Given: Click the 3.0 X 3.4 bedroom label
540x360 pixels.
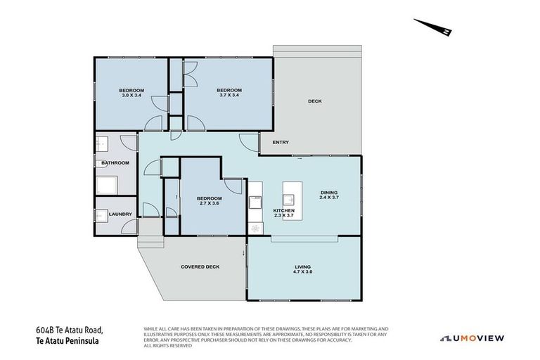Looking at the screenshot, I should coord(131,93).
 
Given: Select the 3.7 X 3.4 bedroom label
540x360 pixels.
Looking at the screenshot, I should coord(229,93).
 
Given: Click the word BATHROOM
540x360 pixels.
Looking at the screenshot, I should coord(115,163).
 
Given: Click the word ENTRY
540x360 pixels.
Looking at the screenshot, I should coord(281,143).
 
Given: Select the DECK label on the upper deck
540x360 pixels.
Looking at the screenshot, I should coord(315,101).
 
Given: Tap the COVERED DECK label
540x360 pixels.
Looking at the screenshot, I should coord(200,267).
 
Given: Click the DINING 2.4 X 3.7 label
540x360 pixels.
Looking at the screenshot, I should coord(330,195).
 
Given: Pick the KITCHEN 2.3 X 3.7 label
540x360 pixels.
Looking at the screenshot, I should coord(284,213).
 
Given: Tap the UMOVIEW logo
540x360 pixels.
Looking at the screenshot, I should coord(472,338).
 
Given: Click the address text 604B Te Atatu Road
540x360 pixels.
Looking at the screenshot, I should coord(70,330).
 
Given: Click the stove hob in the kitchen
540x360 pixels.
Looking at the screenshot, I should coord(255,228).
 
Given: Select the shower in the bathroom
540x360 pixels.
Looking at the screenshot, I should coord(108,185).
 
